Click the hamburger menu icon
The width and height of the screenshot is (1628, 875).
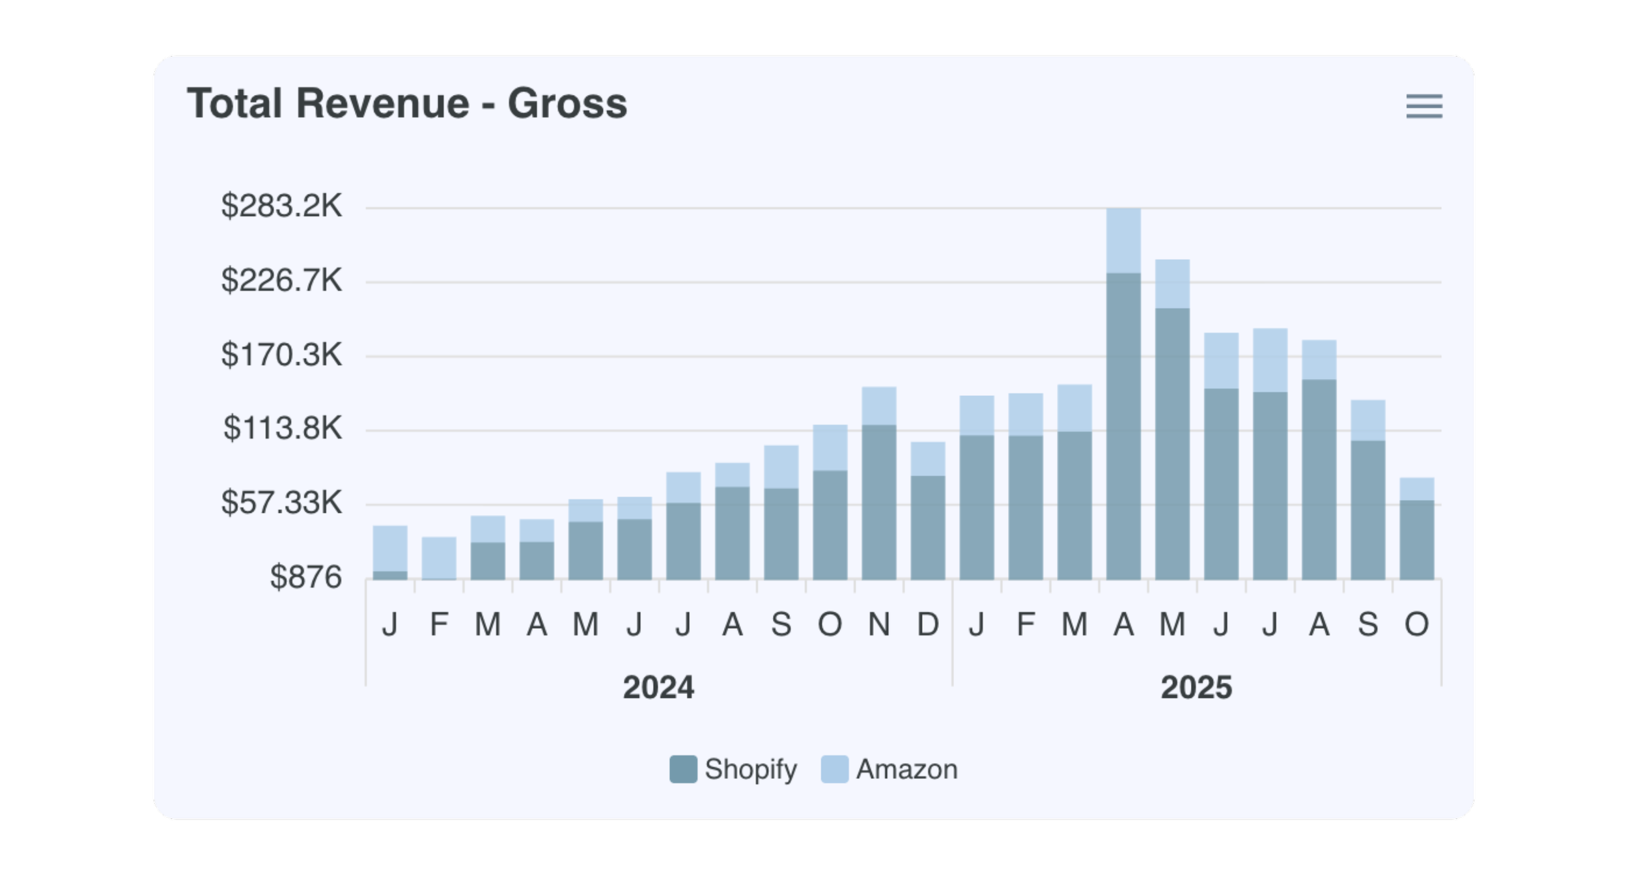(1424, 106)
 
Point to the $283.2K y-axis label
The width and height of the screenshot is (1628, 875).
(281, 206)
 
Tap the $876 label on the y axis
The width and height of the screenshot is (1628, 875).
(305, 577)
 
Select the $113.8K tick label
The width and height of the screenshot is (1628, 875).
(283, 428)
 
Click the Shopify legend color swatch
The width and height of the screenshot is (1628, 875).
(683, 769)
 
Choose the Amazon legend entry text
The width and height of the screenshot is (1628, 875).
(906, 769)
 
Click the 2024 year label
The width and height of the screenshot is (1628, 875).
(658, 687)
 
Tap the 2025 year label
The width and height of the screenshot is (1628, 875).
(1196, 687)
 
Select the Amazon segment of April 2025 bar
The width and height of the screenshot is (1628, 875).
(1123, 240)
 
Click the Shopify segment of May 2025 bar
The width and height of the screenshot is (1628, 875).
(1172, 443)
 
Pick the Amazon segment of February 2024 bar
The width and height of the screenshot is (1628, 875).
(439, 557)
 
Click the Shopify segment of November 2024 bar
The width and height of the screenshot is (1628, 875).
(879, 501)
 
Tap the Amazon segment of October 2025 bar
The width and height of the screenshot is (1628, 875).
(1417, 489)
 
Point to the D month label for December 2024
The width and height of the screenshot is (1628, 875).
(928, 625)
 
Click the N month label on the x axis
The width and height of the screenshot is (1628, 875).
(879, 625)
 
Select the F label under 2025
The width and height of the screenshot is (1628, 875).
(1026, 625)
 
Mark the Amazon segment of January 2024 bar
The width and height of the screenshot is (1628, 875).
(390, 548)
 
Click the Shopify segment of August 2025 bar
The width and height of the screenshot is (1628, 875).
(1319, 479)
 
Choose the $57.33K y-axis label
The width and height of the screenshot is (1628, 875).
(281, 503)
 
